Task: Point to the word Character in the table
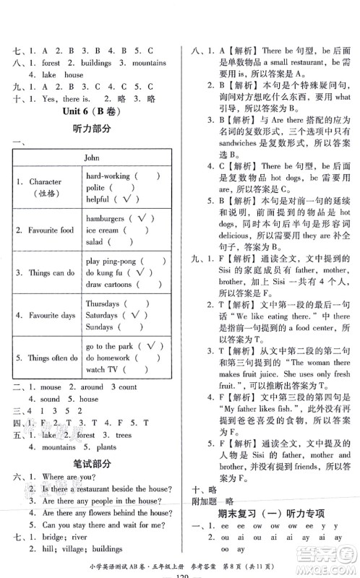coord(45,182)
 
